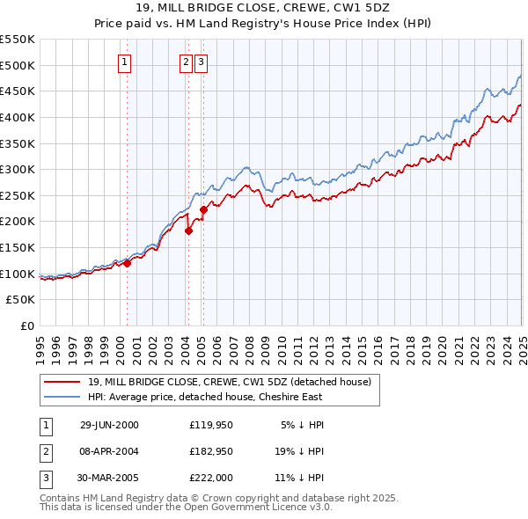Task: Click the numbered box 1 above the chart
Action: [125, 62]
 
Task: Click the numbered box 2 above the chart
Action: [187, 62]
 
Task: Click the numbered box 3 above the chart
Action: [202, 62]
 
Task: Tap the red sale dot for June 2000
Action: [127, 262]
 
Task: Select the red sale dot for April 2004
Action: [188, 230]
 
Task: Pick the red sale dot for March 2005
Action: [203, 209]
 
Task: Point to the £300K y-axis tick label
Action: [18, 169]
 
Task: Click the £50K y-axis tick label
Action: [21, 300]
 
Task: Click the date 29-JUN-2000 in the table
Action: [109, 425]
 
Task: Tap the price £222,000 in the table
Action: [210, 478]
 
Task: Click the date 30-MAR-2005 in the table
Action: [109, 478]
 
